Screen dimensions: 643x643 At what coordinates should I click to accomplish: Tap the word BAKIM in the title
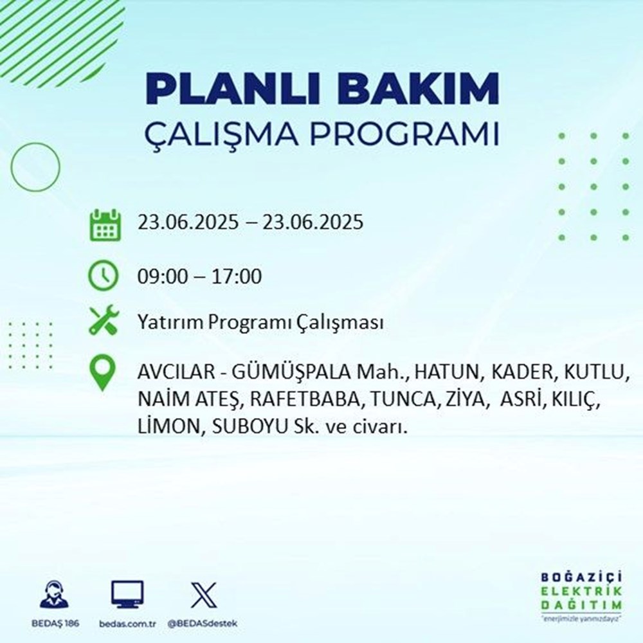(x=419, y=89)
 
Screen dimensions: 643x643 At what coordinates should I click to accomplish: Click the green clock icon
(x=104, y=276)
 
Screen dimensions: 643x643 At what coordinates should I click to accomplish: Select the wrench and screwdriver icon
(x=104, y=320)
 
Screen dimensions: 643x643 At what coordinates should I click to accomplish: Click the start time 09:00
(x=162, y=276)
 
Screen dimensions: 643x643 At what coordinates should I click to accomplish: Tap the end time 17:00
(x=237, y=276)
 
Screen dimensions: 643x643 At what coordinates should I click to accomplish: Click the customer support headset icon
(x=55, y=593)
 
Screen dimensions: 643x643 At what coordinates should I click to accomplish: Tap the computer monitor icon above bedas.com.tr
(x=127, y=594)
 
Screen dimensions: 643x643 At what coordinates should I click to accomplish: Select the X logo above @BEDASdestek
(x=204, y=595)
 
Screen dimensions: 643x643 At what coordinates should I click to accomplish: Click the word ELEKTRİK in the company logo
(x=581, y=592)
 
